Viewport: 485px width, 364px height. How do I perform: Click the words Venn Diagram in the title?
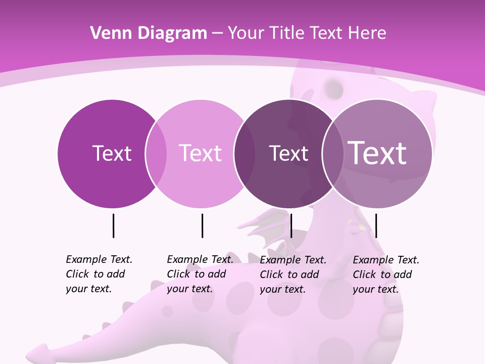click(x=149, y=33)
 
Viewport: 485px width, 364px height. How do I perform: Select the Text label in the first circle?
click(x=112, y=153)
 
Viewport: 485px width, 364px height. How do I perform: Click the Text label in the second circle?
click(x=200, y=153)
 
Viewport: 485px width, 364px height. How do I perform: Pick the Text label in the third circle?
click(x=288, y=153)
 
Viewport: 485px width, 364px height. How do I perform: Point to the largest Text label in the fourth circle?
click(x=377, y=153)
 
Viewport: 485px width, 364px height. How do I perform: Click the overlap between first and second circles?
click(x=156, y=154)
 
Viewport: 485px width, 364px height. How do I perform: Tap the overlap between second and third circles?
click(x=244, y=154)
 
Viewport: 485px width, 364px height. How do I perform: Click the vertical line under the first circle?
click(x=113, y=225)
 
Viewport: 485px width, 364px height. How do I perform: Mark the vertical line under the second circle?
click(x=202, y=225)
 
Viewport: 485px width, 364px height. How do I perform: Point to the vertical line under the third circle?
click(x=291, y=225)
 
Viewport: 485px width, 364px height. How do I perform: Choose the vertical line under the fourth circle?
click(x=376, y=225)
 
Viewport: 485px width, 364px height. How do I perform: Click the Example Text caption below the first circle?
click(x=99, y=274)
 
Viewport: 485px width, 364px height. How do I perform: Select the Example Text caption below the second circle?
click(x=200, y=274)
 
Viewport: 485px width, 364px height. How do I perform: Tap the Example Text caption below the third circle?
click(x=293, y=275)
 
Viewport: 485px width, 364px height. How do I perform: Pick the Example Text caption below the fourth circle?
click(x=385, y=275)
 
